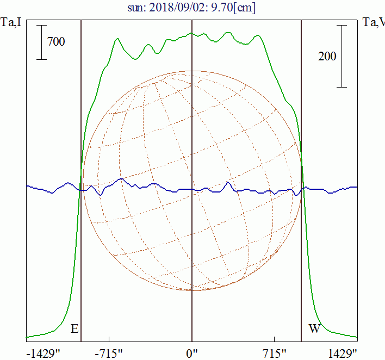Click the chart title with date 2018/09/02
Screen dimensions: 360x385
coord(192,8)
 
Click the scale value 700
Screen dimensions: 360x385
coord(56,41)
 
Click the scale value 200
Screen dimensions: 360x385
coord(327,56)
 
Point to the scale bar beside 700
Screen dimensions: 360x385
coord(42,41)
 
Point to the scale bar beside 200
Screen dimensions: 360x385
coord(341,56)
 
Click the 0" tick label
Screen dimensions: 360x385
coord(192,353)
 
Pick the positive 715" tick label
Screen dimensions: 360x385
coord(274,353)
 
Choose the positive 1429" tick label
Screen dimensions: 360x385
coord(343,353)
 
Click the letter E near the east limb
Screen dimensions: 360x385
coord(74,329)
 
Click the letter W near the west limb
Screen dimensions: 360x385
coord(314,329)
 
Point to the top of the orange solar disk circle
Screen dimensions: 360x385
coord(191,71)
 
